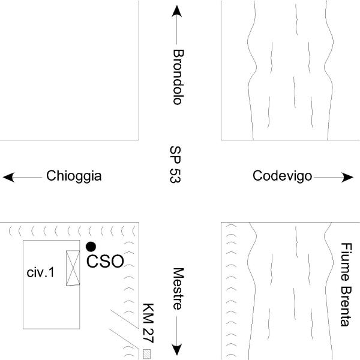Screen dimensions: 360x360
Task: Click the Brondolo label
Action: point(177,76)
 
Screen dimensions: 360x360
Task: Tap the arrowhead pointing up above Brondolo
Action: point(177,11)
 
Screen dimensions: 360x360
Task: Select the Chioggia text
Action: point(74,176)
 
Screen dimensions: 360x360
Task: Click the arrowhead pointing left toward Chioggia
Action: point(8,177)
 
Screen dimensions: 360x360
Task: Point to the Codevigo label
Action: point(282,176)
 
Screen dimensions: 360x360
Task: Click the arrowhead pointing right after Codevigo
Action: point(348,177)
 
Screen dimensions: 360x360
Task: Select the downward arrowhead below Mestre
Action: point(177,349)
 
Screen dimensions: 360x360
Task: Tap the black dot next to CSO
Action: point(91,246)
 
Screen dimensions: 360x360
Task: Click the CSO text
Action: point(106,261)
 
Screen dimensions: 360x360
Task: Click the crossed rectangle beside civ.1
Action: point(73,268)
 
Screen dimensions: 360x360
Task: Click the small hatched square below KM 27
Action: point(146,354)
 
